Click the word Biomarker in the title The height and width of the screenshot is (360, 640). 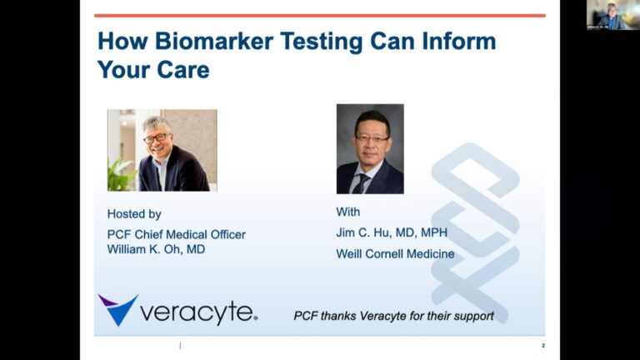click(214, 41)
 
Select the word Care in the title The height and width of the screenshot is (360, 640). click(183, 70)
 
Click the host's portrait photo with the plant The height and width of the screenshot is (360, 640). click(162, 150)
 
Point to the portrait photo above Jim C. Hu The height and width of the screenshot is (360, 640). click(370, 149)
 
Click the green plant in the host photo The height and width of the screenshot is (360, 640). click(120, 175)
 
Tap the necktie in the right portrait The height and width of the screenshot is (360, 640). click(360, 183)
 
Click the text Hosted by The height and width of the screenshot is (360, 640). click(134, 214)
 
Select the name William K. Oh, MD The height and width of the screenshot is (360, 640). click(156, 249)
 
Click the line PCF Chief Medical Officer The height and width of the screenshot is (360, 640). click(177, 235)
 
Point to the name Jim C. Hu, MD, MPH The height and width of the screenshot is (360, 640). click(392, 232)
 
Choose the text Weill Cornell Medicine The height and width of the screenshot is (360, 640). click(395, 254)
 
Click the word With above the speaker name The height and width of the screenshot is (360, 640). click(348, 212)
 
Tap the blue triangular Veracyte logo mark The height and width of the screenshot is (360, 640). click(118, 310)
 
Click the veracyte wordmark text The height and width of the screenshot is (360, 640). click(199, 313)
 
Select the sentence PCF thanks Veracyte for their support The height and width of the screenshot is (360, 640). click(393, 316)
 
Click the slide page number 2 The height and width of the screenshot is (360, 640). click(543, 346)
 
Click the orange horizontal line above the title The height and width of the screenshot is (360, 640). click(320, 16)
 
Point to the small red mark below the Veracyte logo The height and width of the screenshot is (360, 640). click(180, 346)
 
